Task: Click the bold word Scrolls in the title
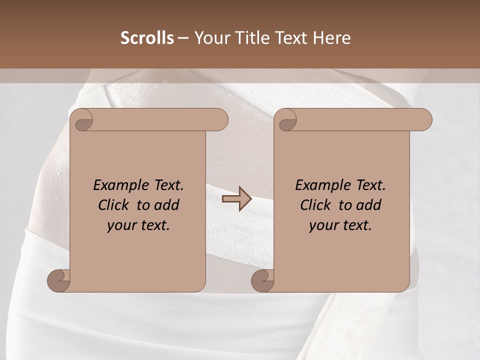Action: tap(147, 38)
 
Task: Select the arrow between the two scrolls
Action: tap(236, 199)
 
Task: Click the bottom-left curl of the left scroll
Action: tap(59, 280)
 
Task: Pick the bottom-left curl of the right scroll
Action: tap(262, 280)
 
